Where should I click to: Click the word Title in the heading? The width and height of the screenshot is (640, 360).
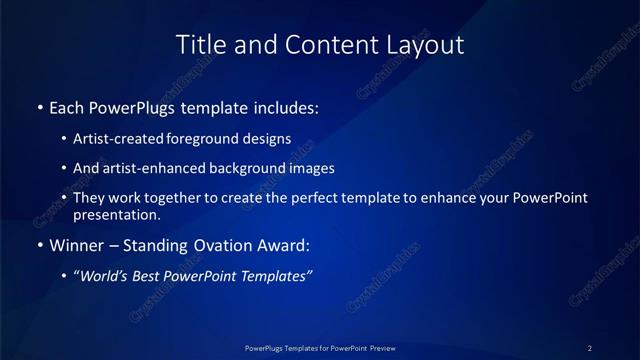(200, 45)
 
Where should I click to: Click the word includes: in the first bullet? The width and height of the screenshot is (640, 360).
(285, 106)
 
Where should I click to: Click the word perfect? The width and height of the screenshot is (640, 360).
(317, 198)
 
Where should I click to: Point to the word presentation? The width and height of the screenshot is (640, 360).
(117, 214)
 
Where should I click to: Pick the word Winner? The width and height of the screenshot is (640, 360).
(76, 245)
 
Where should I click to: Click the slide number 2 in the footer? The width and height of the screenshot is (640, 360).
(590, 348)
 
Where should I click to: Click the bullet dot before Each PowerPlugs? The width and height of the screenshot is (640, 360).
(39, 107)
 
